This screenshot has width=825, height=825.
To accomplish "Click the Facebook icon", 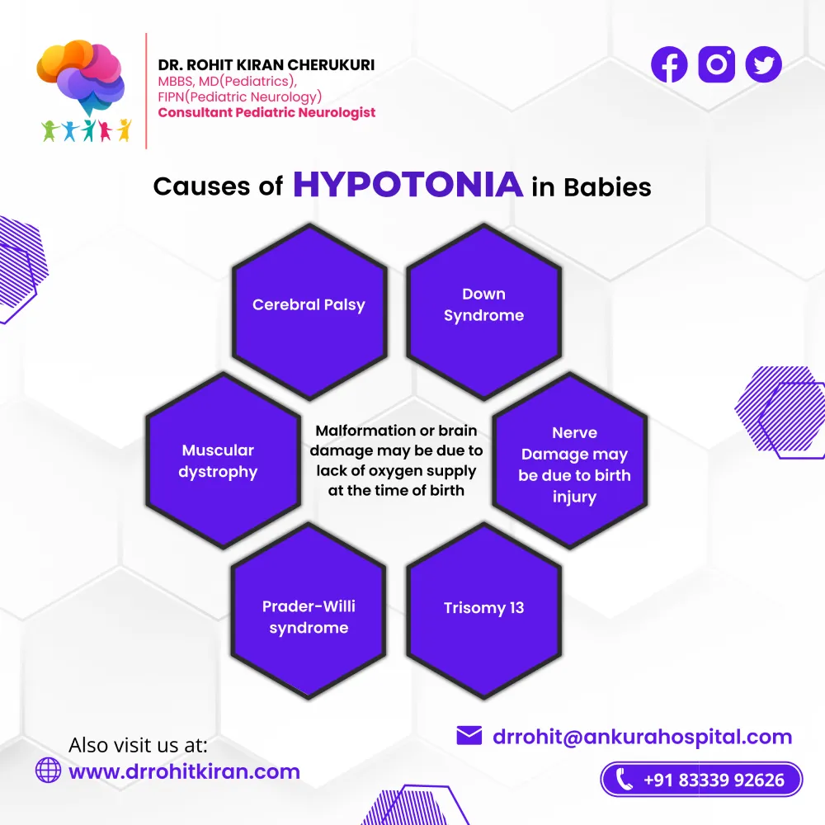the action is point(669,64).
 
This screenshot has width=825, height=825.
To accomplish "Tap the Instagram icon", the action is point(717,64).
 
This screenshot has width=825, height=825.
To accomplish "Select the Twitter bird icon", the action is point(763,64).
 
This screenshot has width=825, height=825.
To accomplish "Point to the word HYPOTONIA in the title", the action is point(408,185).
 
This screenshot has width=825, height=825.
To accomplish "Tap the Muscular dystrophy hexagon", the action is point(223,461).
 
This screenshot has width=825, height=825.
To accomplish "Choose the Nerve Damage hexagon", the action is point(570,461).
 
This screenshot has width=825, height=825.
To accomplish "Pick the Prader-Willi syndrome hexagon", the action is point(309,610).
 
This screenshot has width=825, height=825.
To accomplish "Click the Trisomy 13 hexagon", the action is point(483,610).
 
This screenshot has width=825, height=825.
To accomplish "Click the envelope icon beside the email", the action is point(469,736).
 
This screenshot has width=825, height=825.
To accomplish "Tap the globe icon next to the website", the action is point(49,771).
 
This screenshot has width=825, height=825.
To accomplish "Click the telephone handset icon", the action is point(624,780).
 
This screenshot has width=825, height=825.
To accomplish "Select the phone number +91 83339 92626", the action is point(714,780).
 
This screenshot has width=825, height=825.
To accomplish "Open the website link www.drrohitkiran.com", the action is point(184,772).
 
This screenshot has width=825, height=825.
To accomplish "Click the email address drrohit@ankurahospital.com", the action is point(643,737).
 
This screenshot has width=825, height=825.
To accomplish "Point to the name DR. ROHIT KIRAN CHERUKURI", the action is point(266,64).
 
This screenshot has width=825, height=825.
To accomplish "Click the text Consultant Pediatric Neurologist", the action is point(266,112).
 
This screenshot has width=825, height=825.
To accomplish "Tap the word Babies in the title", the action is point(607,187).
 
